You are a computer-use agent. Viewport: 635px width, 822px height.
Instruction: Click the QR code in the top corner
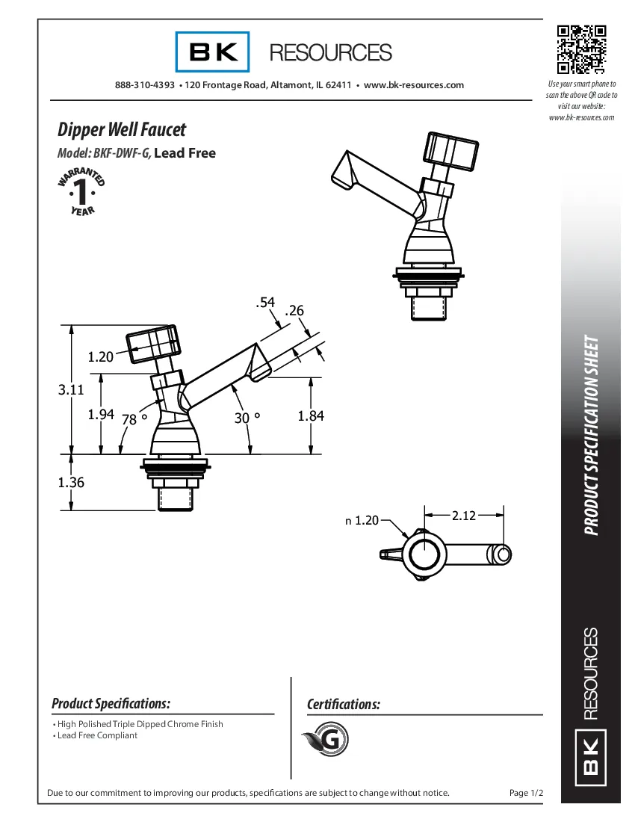pyautogui.click(x=581, y=50)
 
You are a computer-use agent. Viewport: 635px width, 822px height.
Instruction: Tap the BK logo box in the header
pyautogui.click(x=213, y=52)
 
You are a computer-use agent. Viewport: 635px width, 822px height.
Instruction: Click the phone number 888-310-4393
pyautogui.click(x=145, y=85)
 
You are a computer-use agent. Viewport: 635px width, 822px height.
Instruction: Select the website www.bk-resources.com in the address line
pyautogui.click(x=413, y=85)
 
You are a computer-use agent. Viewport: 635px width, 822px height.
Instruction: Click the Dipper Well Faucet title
pyautogui.click(x=122, y=129)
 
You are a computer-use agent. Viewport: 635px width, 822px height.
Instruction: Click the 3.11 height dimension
pyautogui.click(x=71, y=389)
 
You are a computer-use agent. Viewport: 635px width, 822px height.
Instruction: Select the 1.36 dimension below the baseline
pyautogui.click(x=71, y=482)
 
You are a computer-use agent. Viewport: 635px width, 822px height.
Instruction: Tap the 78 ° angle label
pyautogui.click(x=133, y=419)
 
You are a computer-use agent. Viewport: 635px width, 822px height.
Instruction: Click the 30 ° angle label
pyautogui.click(x=246, y=418)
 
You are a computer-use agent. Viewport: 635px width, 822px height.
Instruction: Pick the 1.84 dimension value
pyautogui.click(x=311, y=416)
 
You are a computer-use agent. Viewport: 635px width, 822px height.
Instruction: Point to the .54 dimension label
pyautogui.click(x=265, y=303)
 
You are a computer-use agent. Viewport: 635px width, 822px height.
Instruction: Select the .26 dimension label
pyautogui.click(x=294, y=310)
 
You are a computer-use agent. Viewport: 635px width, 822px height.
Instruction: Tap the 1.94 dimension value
pyautogui.click(x=101, y=415)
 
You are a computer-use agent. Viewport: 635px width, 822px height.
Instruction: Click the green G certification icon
pyautogui.click(x=326, y=740)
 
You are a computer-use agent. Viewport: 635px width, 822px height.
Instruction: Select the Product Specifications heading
pyautogui.click(x=111, y=704)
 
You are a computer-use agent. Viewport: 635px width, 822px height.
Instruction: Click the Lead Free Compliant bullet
pyautogui.click(x=97, y=735)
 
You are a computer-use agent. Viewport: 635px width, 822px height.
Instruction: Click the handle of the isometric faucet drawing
pyautogui.click(x=451, y=152)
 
